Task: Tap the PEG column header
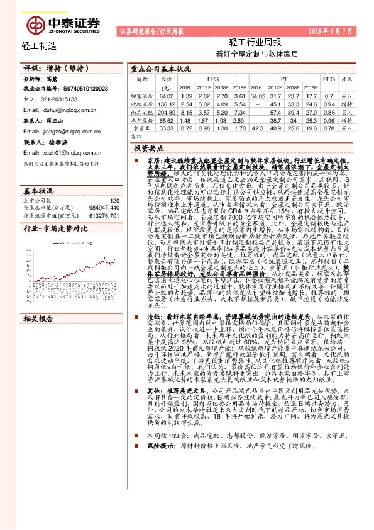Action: [x=329, y=79]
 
